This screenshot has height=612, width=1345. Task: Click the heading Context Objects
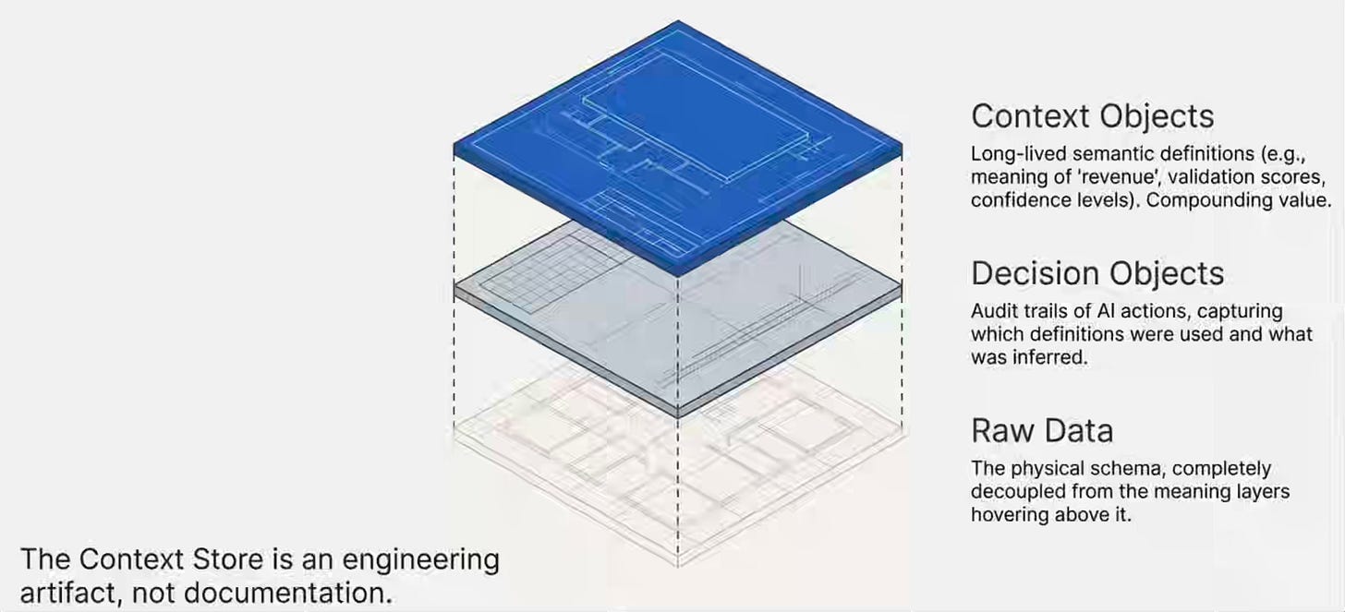[x=1092, y=116]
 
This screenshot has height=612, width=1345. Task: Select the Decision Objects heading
[x=1097, y=273]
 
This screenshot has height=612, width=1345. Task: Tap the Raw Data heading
[x=1042, y=431]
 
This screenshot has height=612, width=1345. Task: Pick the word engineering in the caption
[x=421, y=560]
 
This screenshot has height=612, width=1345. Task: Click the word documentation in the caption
[x=287, y=594]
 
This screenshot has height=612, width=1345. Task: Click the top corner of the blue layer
[x=678, y=21]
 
